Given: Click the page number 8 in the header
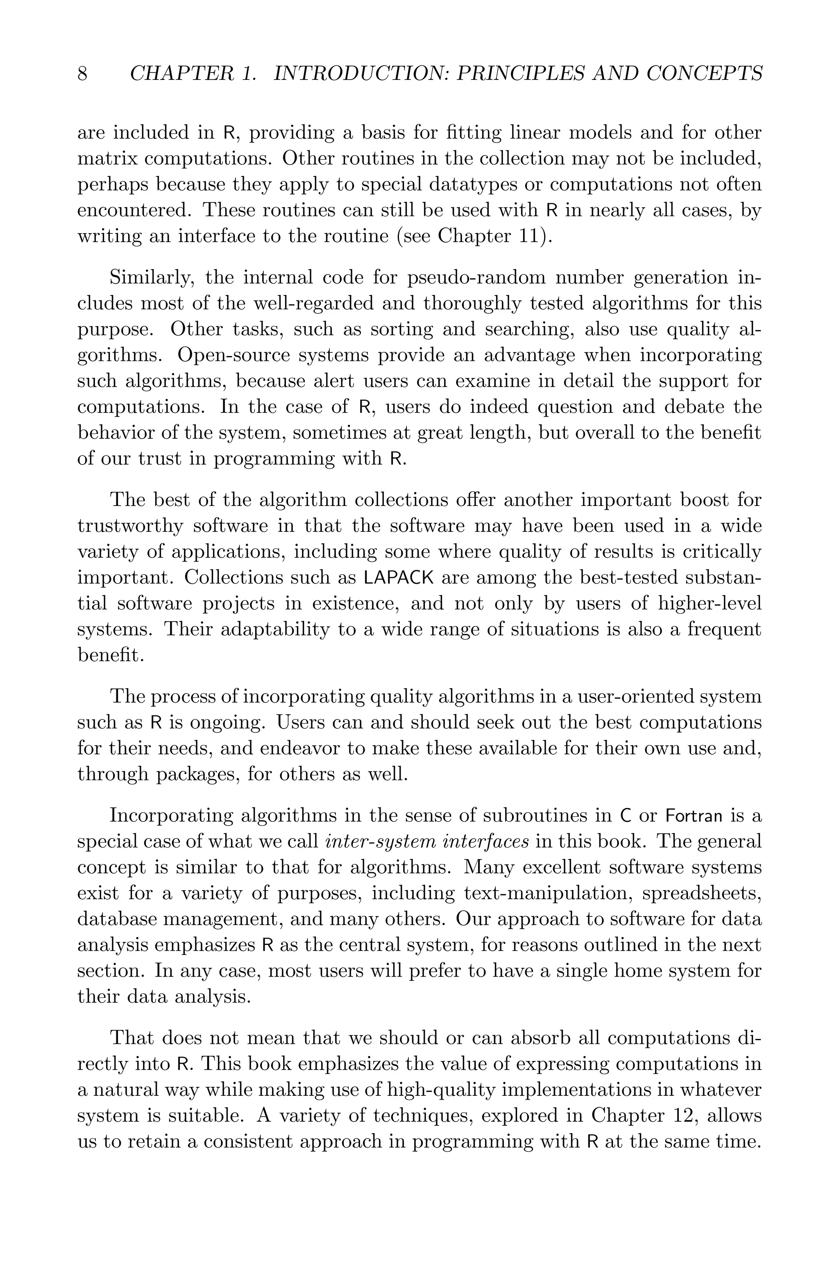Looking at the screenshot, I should click(82, 73).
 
